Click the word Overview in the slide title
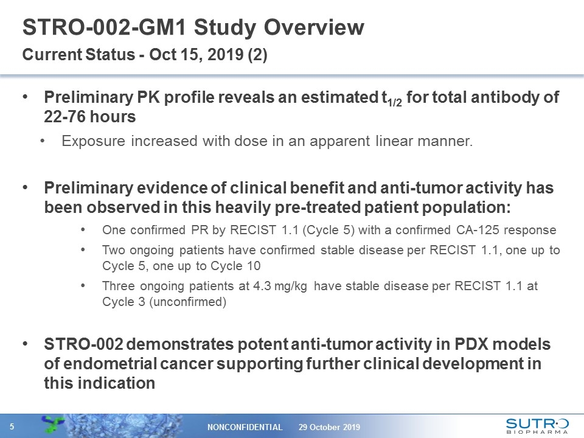(314, 27)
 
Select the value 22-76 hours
(90, 117)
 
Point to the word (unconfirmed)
(188, 302)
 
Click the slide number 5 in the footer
(12, 426)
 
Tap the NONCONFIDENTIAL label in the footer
(245, 427)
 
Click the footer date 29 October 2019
(329, 427)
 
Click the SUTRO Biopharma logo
(537, 426)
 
